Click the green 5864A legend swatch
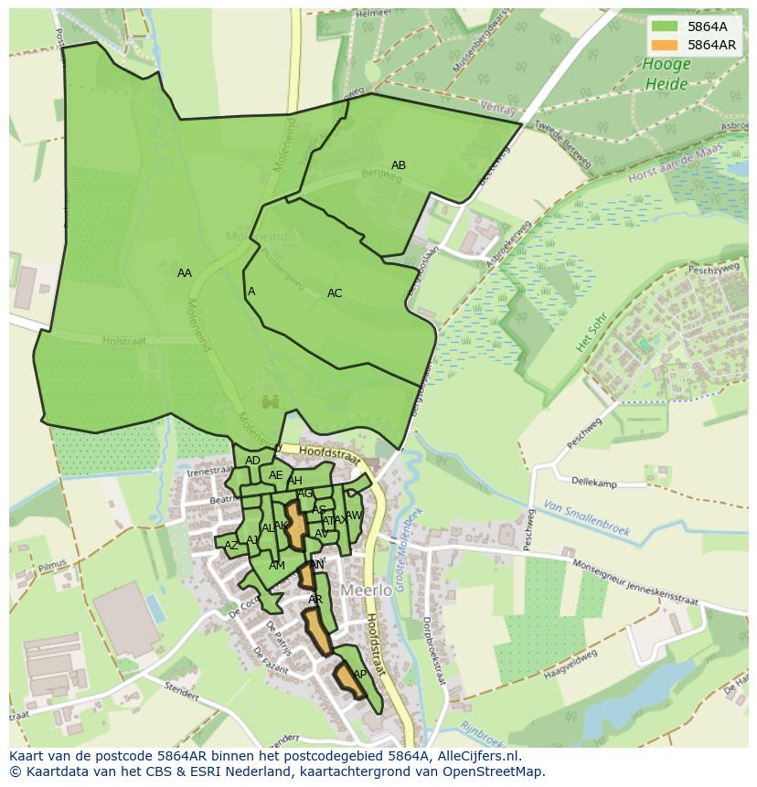[665, 27]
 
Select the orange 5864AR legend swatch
[665, 45]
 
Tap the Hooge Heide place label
[666, 74]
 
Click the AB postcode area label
[399, 165]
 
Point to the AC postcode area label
[335, 293]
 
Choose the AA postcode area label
[185, 273]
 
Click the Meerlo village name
[366, 590]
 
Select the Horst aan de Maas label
[674, 163]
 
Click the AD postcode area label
[252, 460]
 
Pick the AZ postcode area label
[231, 545]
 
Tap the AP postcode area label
[359, 675]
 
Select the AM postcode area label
[277, 566]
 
